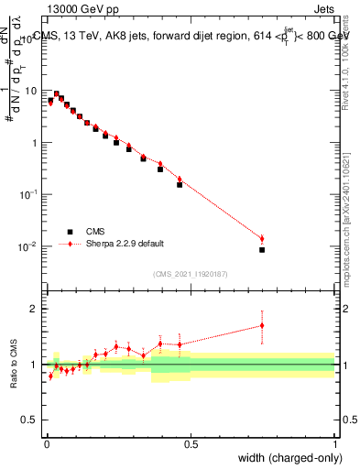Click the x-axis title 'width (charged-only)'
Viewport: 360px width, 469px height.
[283, 457]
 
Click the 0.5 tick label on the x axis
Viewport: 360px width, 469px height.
[191, 443]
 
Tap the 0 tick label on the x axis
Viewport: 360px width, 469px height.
[47, 443]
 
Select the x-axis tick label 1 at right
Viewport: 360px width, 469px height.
[334, 443]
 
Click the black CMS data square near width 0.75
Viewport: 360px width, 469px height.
[262, 249]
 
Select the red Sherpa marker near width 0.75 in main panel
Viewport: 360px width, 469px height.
[262, 239]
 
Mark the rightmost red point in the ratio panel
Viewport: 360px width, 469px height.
[262, 325]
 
